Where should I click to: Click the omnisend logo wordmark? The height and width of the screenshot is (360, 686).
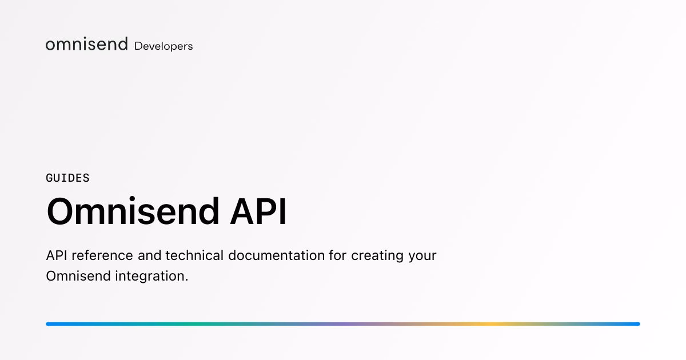click(x=87, y=44)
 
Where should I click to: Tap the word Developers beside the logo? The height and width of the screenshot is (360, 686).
click(x=163, y=46)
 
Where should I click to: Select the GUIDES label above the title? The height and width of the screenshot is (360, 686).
click(x=67, y=178)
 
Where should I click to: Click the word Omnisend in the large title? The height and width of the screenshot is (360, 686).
click(x=133, y=211)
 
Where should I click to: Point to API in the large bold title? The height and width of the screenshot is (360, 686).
click(x=258, y=211)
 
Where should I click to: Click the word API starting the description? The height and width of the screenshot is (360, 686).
click(x=57, y=255)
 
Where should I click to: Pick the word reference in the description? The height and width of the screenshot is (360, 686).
click(x=102, y=255)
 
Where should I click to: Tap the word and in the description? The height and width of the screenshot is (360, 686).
click(x=149, y=255)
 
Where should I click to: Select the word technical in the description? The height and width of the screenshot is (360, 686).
click(x=194, y=255)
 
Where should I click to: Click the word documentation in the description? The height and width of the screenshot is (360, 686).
click(x=277, y=255)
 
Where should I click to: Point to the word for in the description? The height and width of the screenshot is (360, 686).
click(x=338, y=255)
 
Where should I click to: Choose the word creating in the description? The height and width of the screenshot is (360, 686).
click(x=377, y=256)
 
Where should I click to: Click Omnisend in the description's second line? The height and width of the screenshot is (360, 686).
click(x=78, y=276)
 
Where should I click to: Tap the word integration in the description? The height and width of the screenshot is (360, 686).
click(x=150, y=277)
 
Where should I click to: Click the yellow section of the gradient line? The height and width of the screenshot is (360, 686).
click(x=490, y=324)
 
